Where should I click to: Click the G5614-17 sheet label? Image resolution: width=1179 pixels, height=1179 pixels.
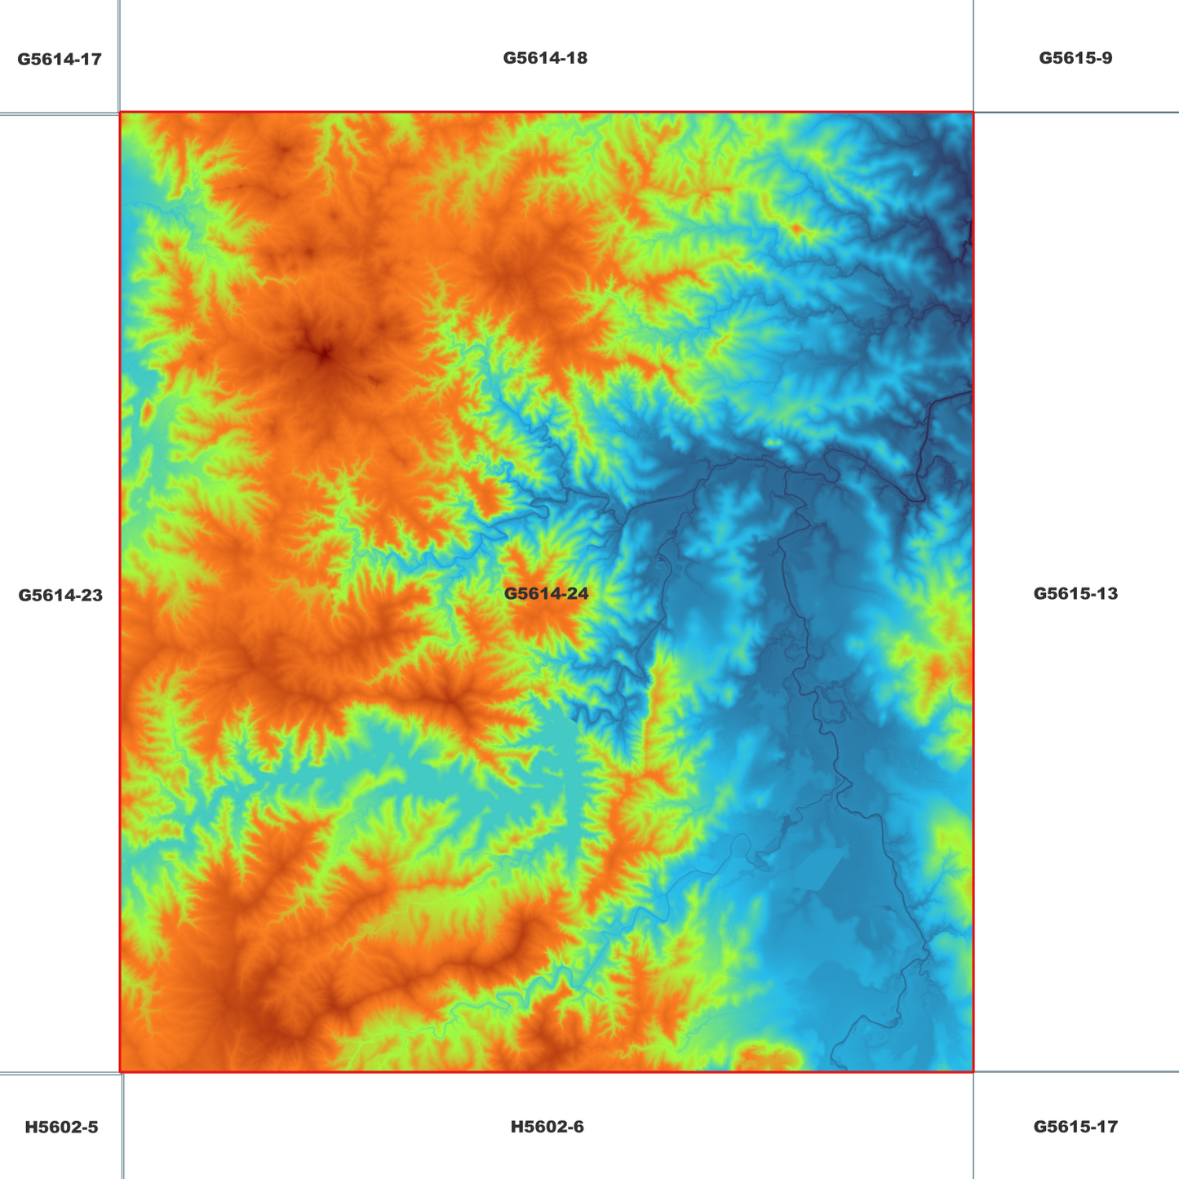pos(60,59)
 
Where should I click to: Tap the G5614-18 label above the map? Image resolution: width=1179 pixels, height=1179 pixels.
pos(545,58)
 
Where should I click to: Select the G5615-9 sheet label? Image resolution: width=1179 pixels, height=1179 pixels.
pos(1075,58)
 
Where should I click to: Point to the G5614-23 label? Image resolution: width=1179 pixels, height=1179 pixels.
pos(60,595)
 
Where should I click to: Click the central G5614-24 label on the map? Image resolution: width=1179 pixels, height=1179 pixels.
pos(546,593)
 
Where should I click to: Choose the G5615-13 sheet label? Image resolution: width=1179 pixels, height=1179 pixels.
pos(1075,593)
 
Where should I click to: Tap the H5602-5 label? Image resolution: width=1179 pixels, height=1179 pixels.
pos(61,1127)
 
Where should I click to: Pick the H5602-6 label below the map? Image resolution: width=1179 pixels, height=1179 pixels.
pos(547,1127)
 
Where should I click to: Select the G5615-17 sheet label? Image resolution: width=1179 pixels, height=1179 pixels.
pos(1075,1127)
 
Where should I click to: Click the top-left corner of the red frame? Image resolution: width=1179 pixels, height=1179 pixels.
pos(120,113)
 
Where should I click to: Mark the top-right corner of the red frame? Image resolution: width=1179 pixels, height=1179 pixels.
pos(973,113)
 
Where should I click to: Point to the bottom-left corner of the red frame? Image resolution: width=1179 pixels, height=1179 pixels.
pos(120,1071)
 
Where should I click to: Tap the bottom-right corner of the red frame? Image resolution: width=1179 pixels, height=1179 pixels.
pos(973,1071)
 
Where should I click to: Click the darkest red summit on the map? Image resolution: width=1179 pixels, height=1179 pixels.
pos(324,354)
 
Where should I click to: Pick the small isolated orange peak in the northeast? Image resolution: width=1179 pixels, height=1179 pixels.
pos(797,228)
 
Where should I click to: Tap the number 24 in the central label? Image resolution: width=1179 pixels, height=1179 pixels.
pos(577,593)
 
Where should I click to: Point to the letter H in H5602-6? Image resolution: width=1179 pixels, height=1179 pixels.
pos(516,1127)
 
